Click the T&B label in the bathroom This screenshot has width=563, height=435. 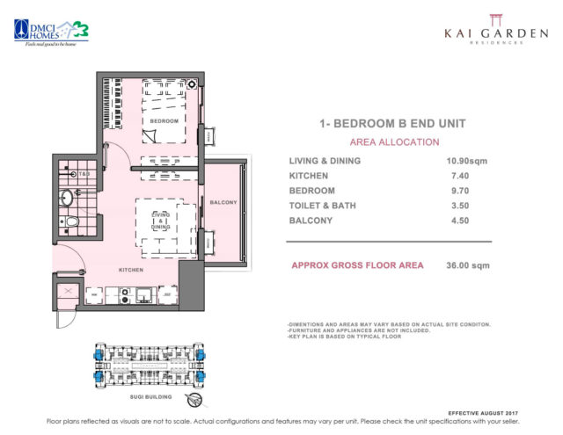(x=85, y=175)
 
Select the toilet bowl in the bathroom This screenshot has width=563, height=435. (x=73, y=223)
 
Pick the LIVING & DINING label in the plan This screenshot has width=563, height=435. (x=160, y=221)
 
